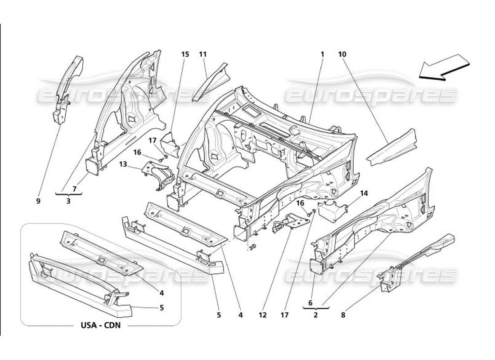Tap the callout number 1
coord(322,54)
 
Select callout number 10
coord(342,54)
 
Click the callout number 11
coord(202,54)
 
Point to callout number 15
coord(185,54)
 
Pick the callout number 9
coord(38,201)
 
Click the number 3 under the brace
coord(68,201)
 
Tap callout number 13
coord(123,165)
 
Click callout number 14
coord(364,193)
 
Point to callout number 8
coord(343,315)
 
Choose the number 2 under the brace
coord(315,315)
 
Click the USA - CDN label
coord(100,325)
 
